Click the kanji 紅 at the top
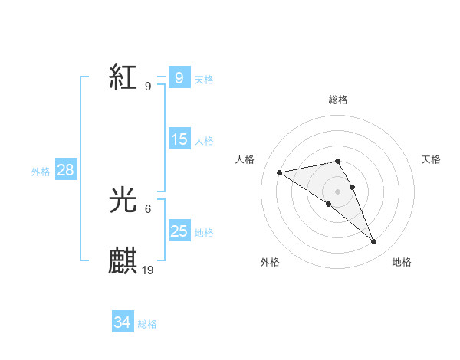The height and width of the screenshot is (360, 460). pos(123,78)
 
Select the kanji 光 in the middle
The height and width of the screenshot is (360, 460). pos(123,201)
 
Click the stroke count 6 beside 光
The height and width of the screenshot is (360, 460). pos(148,208)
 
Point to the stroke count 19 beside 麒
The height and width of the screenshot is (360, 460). pos(148,270)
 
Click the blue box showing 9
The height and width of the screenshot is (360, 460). pos(179,78)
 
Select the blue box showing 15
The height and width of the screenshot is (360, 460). pos(179,139)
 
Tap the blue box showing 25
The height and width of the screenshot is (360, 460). pos(179,231)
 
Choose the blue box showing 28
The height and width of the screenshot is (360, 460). pos(65,170)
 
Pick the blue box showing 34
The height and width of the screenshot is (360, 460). pos(122,323)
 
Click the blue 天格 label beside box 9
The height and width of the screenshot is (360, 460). pos(204,79)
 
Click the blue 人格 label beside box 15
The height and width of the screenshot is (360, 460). pos(204,140)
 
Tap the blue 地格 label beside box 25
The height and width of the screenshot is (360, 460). pos(204,232)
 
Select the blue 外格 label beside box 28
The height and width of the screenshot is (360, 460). pos(41,172)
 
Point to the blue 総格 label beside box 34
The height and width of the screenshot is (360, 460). pos(147,324)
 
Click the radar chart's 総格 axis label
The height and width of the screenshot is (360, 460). pos(337,100)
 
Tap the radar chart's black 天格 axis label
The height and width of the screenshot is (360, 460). pos(432,159)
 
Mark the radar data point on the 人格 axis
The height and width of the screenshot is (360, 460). pos(280,172)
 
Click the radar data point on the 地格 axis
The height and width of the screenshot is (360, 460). pos(373,242)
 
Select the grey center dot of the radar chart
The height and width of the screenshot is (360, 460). pos(337,191)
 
